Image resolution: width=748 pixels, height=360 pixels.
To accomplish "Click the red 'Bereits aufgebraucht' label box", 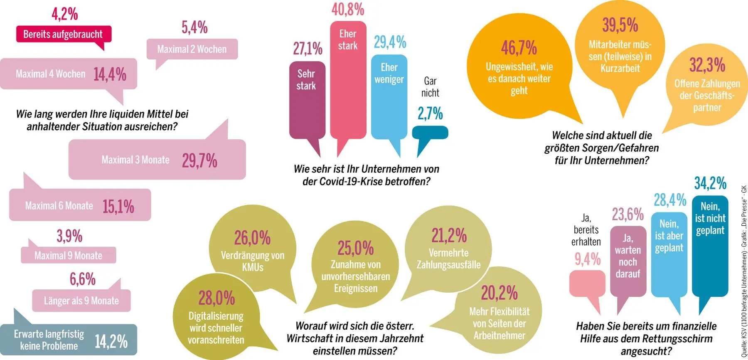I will pos(64,34).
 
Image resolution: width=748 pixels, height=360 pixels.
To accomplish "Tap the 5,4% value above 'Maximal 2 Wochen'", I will pos(194,27).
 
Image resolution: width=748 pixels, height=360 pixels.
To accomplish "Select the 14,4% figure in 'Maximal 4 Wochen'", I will pos(110,74).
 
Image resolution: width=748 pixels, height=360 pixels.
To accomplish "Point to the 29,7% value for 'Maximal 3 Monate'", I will pos(199,160).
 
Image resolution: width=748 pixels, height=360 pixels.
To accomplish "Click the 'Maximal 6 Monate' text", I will pos(59,206).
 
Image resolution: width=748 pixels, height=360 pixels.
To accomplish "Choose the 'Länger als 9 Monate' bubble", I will pos(81,301).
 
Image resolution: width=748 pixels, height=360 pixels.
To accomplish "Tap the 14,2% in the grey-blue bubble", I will pos(111,341).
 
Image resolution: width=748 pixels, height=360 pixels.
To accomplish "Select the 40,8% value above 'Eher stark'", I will pos(348,10).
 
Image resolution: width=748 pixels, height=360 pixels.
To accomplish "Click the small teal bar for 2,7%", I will pos(430,133).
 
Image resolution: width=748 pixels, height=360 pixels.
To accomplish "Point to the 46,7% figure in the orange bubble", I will pos(519,47).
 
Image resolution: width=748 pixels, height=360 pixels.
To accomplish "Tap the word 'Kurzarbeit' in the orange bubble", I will pos(620,68).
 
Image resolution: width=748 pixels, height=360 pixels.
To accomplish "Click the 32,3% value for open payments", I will pos(707,65).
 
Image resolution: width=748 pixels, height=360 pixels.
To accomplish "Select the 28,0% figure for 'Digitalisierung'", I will pos(217,298).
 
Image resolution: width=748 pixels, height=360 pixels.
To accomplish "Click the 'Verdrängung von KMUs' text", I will pos(253,261).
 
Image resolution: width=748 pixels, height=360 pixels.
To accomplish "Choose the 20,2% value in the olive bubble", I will pos(499,293).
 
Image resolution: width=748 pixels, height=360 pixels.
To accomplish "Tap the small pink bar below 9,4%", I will pos(587,284).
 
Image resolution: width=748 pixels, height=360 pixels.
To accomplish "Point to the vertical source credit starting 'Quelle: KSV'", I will pos(744,270).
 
